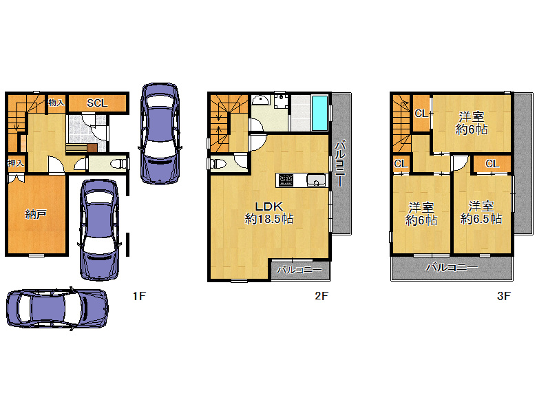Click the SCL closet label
[x=97, y=103]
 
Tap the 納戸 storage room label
[x=36, y=214]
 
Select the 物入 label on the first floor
[x=56, y=102]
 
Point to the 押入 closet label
[x=16, y=163]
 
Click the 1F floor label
[x=139, y=296]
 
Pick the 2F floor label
[x=322, y=296]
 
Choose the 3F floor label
[x=504, y=296]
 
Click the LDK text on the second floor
[x=268, y=206]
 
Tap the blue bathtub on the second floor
[x=320, y=113]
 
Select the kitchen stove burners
[x=286, y=180]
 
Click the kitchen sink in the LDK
[x=316, y=180]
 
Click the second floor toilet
[x=218, y=163]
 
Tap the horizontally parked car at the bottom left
[x=57, y=308]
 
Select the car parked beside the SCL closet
[x=160, y=134]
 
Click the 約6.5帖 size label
[x=481, y=219]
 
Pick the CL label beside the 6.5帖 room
[x=492, y=164]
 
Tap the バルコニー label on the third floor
[x=452, y=267]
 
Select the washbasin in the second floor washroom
[x=261, y=99]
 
